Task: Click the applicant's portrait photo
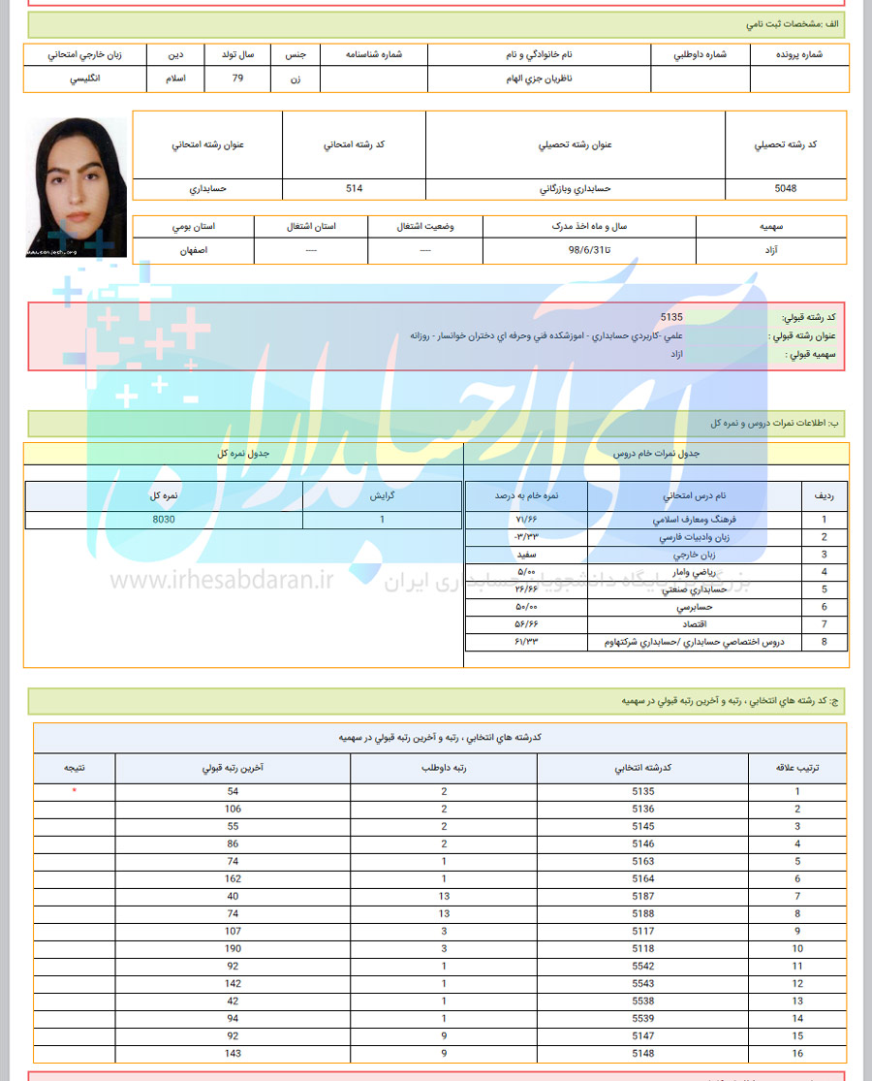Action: (76, 187)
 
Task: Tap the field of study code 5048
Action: (786, 188)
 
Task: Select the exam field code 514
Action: (354, 188)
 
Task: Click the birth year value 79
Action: (237, 79)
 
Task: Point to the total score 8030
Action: (164, 520)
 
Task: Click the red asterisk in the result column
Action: (74, 791)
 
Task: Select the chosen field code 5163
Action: (642, 861)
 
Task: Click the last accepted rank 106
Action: (233, 809)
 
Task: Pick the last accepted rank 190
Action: (233, 948)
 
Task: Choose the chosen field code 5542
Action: (642, 966)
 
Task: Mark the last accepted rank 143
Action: (233, 1053)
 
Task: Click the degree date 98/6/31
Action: (589, 249)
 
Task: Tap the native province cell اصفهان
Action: (194, 249)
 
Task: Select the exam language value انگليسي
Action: (85, 79)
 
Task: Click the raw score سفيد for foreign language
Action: (526, 555)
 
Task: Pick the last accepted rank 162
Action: (233, 878)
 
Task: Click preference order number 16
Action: (797, 1053)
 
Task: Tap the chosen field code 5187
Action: (642, 896)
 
